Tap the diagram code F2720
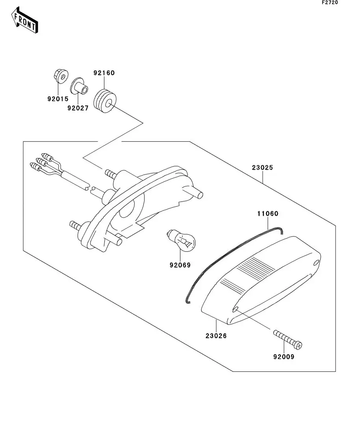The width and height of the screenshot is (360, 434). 330,3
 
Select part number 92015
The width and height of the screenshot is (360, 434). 58,99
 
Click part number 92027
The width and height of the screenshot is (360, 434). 78,108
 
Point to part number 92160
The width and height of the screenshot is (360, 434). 104,73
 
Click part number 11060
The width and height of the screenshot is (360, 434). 268,214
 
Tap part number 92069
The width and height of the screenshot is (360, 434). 180,265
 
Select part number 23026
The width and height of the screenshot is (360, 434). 216,336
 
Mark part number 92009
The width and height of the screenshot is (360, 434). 284,357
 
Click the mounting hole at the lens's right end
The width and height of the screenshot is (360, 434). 316,263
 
